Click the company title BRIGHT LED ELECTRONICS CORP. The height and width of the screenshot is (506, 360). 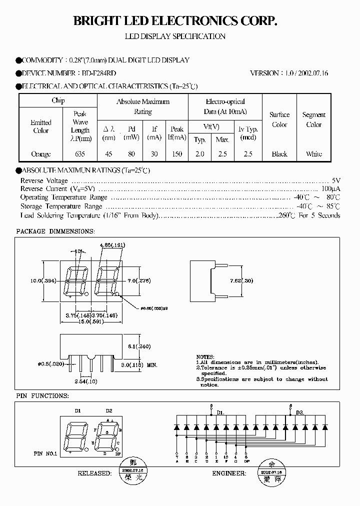pos(175,21)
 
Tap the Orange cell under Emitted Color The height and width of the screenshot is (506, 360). pos(40,154)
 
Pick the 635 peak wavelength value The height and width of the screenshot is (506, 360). pos(80,154)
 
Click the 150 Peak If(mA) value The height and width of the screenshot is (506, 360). pos(176,154)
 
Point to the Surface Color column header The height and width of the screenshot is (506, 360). pos(279,119)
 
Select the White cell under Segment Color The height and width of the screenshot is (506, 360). pos(314,154)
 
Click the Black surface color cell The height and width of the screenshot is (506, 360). pos(279,154)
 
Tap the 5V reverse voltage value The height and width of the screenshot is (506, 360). pos(336,180)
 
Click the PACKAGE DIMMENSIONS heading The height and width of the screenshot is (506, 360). pos(55,231)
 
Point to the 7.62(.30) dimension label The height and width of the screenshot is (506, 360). pos(241,280)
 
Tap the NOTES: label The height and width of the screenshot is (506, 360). pos(205,355)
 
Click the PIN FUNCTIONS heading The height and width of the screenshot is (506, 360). pos(42,395)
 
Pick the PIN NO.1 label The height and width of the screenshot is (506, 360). pos(45,453)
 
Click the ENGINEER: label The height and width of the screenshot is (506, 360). pos(229,472)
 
